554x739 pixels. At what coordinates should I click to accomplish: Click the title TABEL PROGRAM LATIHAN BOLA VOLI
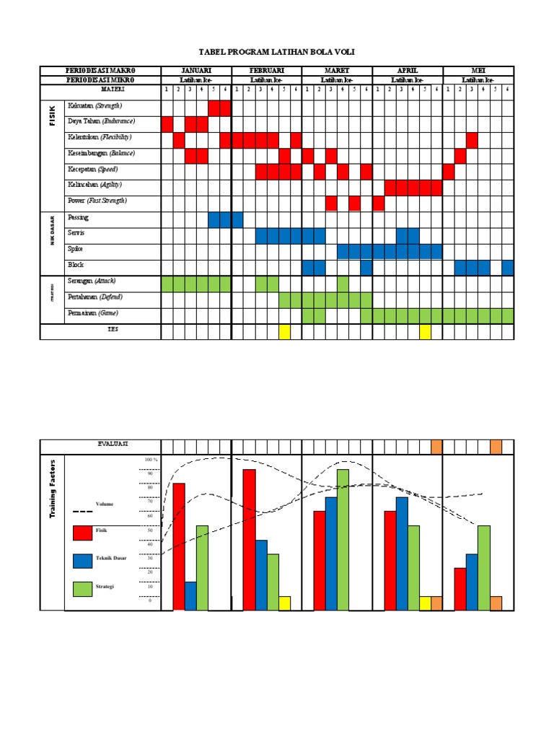point(277,53)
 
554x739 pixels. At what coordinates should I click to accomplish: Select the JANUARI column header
point(195,71)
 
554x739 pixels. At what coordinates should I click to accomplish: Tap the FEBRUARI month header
point(266,71)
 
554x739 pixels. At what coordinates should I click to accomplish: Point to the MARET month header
point(337,71)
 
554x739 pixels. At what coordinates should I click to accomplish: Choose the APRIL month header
point(408,71)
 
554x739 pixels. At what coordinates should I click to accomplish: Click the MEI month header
point(478,71)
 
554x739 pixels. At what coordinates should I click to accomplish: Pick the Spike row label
point(75,248)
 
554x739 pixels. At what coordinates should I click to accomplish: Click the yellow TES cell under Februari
point(284,332)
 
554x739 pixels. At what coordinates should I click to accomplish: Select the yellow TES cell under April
point(425,332)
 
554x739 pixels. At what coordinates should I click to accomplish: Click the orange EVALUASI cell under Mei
point(496,447)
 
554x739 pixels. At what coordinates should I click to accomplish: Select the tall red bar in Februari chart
point(249,540)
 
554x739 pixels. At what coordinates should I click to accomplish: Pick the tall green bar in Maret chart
point(343,540)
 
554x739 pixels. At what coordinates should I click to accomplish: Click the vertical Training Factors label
point(53,491)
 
